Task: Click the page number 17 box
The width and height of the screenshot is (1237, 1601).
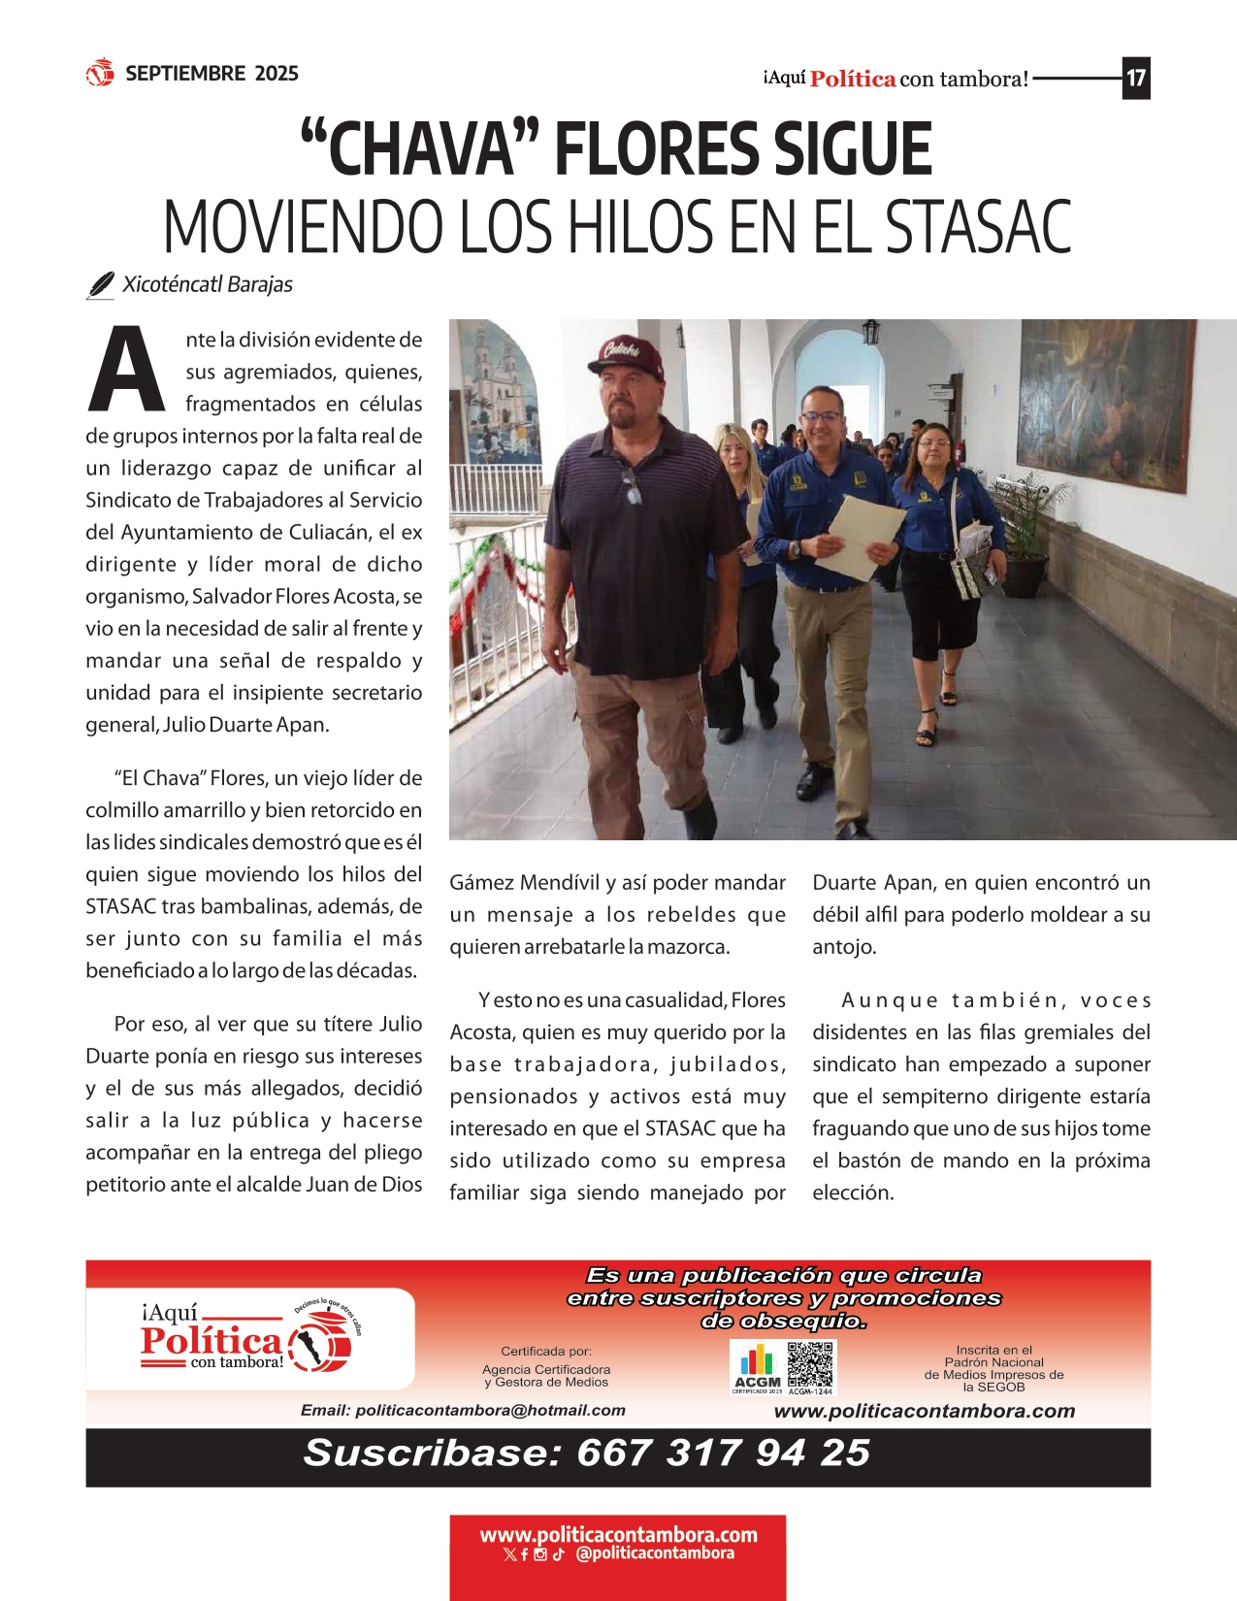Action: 1135,79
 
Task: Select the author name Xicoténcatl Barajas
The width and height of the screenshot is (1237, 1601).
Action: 207,284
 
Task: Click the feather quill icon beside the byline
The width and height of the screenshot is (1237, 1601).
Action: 100,285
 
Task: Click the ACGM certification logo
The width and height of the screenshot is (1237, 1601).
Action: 757,1368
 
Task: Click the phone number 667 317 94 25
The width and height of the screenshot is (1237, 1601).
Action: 722,1453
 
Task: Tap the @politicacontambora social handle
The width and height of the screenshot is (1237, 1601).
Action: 654,1553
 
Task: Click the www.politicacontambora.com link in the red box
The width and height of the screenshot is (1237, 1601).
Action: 618,1534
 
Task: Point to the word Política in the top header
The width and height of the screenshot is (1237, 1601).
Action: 852,80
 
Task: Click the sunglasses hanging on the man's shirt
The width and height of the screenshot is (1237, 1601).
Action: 632,485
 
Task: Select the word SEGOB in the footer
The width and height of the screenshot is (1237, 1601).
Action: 1002,1387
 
